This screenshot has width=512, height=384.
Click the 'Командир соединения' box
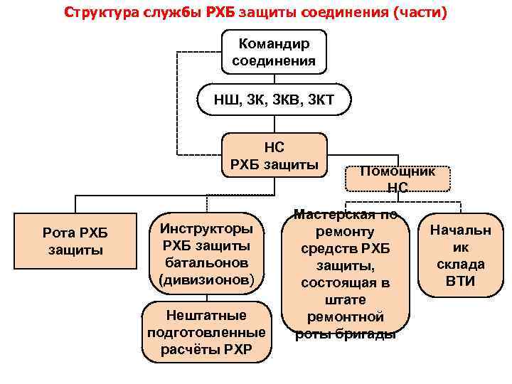274,51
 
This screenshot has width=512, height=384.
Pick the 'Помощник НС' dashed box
398,178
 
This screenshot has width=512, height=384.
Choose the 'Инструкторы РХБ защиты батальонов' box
206,254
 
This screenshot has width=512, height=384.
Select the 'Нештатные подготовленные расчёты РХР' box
206,331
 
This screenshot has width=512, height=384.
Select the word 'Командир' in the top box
274,43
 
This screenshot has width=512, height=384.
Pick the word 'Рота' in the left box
58,234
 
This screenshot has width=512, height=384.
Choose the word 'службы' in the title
162,12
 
